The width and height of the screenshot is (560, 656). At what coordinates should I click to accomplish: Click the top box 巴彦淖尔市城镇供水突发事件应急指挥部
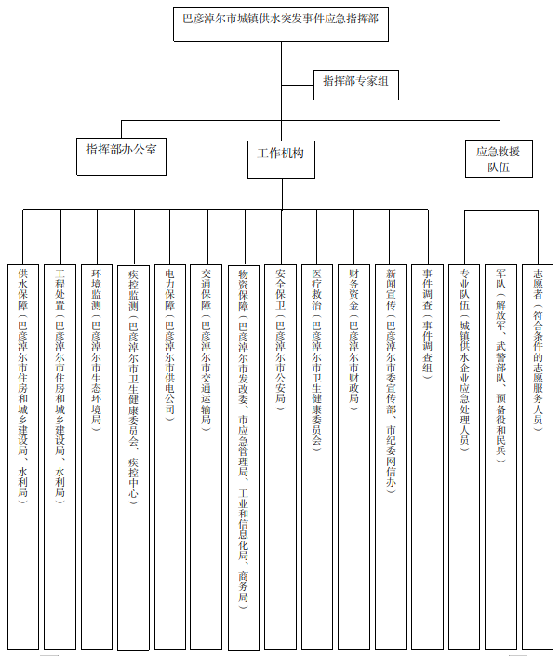[x=281, y=24]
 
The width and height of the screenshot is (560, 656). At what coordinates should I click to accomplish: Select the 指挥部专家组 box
[x=356, y=85]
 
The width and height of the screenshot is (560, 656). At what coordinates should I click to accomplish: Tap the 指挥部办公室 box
[x=121, y=156]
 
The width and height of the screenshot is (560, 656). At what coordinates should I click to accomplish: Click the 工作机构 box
[x=281, y=159]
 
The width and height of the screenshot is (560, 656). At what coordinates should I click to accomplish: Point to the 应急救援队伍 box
[x=499, y=158]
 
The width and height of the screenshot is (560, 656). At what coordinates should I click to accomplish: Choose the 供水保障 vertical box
[x=23, y=457]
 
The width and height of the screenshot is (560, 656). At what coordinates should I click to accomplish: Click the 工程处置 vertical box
[x=60, y=457]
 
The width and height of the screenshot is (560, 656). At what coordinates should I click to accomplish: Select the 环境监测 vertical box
[x=97, y=457]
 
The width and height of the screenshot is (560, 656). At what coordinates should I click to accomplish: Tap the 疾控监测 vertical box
[x=133, y=458]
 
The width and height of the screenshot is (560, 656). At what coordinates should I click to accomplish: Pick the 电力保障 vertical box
[x=170, y=457]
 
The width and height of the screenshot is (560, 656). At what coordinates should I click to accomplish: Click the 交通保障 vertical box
[x=206, y=457]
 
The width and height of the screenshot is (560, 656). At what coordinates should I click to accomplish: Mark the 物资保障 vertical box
[x=244, y=458]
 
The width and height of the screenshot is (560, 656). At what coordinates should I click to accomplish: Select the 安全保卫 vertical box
[x=280, y=457]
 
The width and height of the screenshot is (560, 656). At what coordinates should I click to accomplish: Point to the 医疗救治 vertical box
[x=317, y=457]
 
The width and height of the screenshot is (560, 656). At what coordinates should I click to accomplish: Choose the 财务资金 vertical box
[x=353, y=457]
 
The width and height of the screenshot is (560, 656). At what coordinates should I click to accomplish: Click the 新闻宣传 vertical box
[x=391, y=457]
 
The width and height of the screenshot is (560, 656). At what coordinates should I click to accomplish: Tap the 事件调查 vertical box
[x=427, y=457]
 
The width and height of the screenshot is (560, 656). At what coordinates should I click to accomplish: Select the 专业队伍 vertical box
[x=464, y=457]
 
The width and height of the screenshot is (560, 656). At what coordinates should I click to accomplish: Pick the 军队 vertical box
[x=500, y=457]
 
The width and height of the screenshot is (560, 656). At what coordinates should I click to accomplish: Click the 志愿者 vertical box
[x=538, y=457]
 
